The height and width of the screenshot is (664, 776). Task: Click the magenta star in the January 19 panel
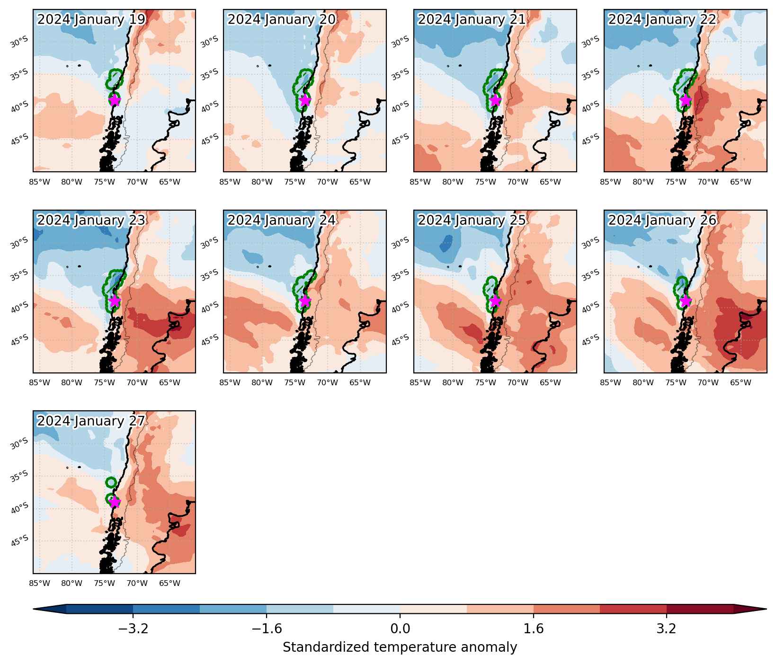tap(114, 100)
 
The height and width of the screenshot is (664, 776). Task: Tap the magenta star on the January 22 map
tap(686, 100)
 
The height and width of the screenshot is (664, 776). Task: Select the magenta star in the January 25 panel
tap(495, 301)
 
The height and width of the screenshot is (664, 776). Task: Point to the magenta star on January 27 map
tap(114, 502)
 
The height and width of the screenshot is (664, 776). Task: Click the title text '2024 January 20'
tap(282, 19)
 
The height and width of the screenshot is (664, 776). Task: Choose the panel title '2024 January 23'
tap(91, 221)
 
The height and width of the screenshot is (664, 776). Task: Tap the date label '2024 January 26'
tap(662, 221)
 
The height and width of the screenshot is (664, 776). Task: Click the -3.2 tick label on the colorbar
tap(133, 629)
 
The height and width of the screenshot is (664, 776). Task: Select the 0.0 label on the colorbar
tap(400, 629)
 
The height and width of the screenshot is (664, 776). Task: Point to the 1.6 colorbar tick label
tap(534, 629)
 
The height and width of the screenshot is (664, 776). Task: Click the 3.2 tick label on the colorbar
tap(667, 629)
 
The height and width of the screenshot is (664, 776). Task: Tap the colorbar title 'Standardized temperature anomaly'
tap(400, 647)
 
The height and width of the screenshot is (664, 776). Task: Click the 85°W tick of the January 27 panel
tap(40, 583)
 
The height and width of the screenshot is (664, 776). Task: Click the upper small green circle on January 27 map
tap(111, 482)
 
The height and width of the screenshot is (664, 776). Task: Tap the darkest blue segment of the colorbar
tap(99, 609)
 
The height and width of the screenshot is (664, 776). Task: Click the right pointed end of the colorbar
tap(767, 609)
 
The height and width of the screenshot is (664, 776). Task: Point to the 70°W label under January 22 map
tap(708, 181)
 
